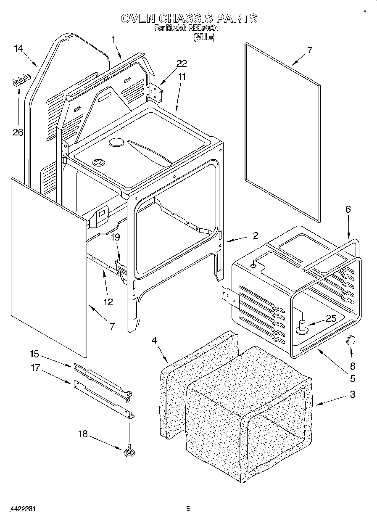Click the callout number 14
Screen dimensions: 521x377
[x=18, y=48]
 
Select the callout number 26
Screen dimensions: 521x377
[x=17, y=132]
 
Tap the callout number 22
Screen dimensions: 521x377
[x=182, y=63]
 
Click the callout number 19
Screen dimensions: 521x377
[x=116, y=237]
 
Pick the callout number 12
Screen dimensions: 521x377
[x=108, y=301]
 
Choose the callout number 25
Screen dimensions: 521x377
[x=331, y=319]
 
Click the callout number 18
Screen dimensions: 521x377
[x=83, y=434]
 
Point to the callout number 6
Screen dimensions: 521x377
[x=348, y=209]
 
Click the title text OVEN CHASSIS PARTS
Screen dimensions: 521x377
[x=188, y=19]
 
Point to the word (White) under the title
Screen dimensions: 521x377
[x=204, y=37]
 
